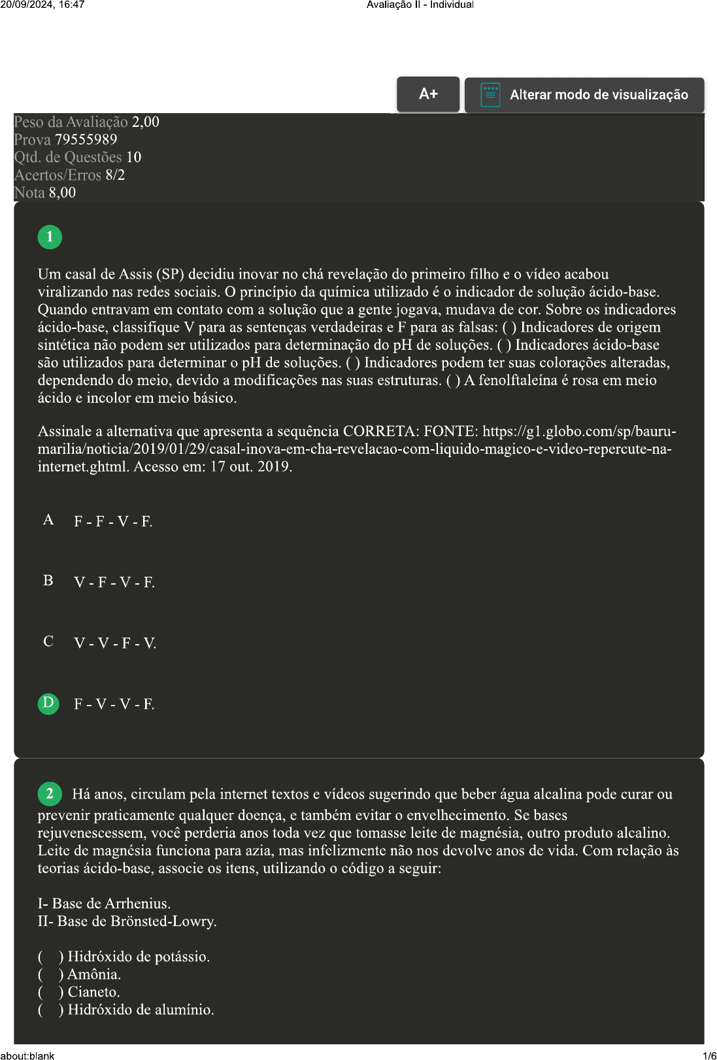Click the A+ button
coord(428,94)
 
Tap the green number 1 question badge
coord(50,237)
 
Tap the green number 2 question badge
coord(50,794)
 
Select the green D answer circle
coord(48,703)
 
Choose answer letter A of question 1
coord(48,520)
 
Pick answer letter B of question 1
coord(48,581)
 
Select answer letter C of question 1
coord(48,641)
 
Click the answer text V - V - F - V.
coord(115,643)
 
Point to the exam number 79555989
coord(86,140)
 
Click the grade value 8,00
coord(62,193)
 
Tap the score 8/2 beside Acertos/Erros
coord(115,175)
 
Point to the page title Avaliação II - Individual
coord(420,5)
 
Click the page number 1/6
coord(709,1055)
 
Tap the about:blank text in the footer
coord(27,1055)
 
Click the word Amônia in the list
coord(93,974)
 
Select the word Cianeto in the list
coord(93,992)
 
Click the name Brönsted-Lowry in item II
coord(163,921)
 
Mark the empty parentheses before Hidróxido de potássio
coord(50,957)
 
